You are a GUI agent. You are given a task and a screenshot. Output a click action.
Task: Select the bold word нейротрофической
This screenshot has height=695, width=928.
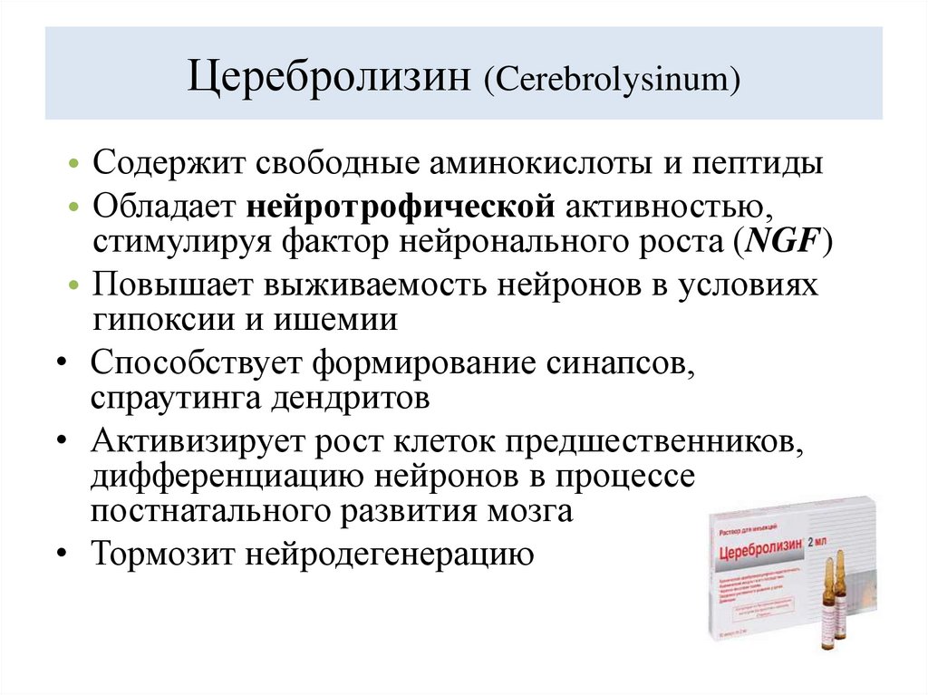point(400,206)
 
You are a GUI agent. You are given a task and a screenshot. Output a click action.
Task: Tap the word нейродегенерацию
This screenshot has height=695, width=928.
point(392,555)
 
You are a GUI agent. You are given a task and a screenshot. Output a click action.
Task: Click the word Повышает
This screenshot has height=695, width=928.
point(172,285)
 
